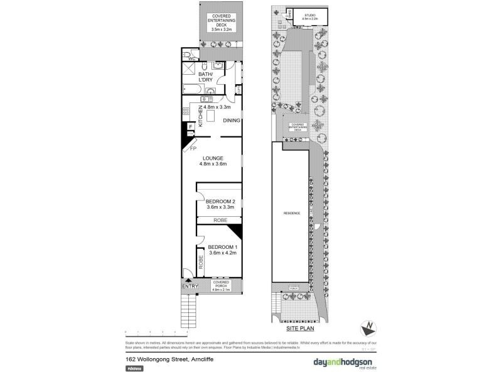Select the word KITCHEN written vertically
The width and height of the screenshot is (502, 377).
click(x=201, y=117)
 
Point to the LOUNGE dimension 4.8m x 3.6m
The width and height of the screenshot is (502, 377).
click(x=212, y=164)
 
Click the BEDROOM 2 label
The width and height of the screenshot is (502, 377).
click(x=220, y=201)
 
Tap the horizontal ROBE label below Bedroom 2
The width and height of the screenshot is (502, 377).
click(x=220, y=220)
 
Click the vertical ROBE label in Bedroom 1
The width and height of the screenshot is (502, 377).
click(x=201, y=262)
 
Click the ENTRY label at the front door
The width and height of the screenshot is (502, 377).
click(x=190, y=287)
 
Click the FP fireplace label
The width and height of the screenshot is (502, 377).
click(x=193, y=149)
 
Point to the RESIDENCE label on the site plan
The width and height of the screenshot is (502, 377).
click(x=292, y=214)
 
